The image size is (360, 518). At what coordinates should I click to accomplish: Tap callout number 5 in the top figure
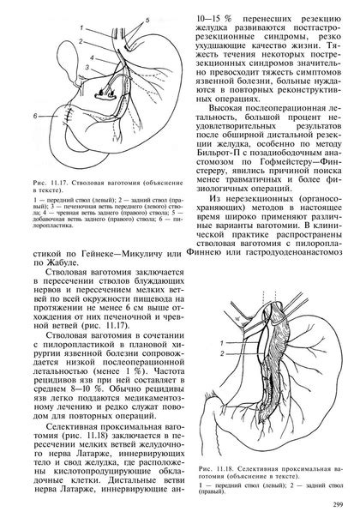[x=147, y=18]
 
